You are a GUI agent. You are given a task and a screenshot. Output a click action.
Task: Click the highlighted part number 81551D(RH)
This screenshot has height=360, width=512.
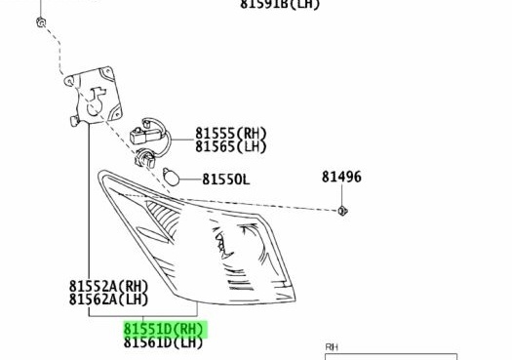(x=164, y=330)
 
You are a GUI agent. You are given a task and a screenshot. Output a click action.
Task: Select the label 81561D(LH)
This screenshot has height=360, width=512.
(x=164, y=342)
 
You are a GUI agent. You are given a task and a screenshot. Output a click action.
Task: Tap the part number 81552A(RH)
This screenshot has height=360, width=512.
(x=109, y=287)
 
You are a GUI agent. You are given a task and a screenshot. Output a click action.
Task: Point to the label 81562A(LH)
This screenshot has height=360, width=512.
(x=109, y=300)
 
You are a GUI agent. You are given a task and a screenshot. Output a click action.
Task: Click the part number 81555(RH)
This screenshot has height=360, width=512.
(x=230, y=134)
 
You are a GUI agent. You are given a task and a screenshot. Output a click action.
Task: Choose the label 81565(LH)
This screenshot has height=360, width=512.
(x=230, y=147)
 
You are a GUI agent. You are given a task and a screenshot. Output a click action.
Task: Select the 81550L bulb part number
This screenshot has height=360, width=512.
(x=226, y=180)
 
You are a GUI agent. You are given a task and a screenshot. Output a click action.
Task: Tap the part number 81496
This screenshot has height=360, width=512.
(x=341, y=177)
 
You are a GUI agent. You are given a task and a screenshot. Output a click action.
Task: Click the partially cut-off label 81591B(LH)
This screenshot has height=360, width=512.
(x=280, y=5)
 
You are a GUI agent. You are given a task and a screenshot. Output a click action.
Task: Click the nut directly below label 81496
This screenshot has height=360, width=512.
(x=342, y=211)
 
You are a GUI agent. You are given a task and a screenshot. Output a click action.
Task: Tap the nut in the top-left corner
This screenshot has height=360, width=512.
(x=40, y=21)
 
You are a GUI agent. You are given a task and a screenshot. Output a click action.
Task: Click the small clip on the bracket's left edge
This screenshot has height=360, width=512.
(x=73, y=122)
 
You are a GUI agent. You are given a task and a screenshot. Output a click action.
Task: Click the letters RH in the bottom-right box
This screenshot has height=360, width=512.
(x=333, y=346)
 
